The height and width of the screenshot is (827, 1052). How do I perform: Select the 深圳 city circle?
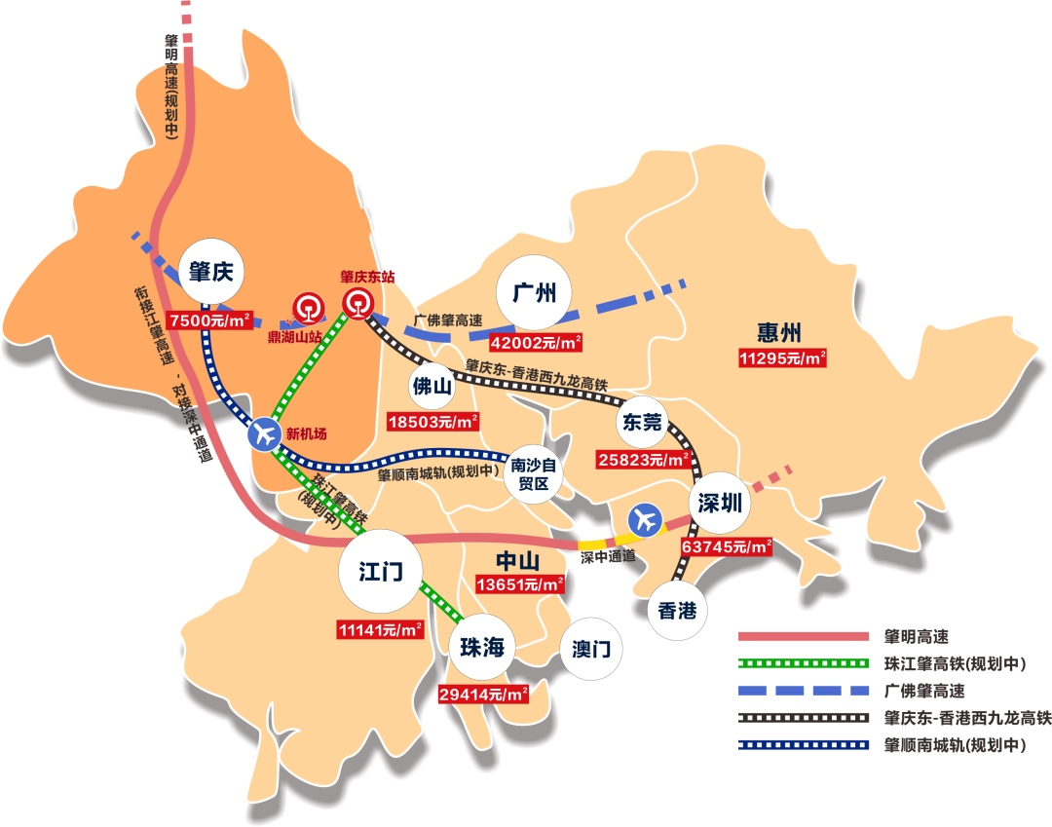pos(721,504)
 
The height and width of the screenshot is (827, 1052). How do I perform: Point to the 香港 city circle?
pos(678,611)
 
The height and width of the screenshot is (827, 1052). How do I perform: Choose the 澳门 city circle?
pos(591,649)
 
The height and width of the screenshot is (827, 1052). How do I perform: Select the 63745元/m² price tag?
pos(727,547)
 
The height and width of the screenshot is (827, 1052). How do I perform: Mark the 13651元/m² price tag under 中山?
pos(520,585)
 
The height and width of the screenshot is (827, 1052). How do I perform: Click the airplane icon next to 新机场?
pos(264,435)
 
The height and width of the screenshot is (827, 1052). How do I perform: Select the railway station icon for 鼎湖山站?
pos(307,310)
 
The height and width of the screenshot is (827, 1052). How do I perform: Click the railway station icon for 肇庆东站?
pos(358,302)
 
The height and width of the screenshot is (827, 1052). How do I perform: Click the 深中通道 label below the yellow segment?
pos(608,557)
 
